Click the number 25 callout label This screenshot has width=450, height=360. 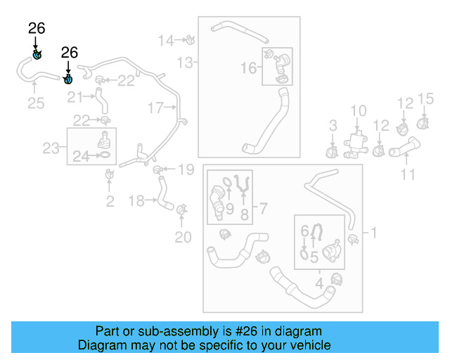pyautogui.click(x=35, y=103)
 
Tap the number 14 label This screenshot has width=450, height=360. pyautogui.click(x=166, y=40)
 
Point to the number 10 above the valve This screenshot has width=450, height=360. pyautogui.click(x=358, y=110)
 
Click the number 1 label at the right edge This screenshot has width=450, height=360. pyautogui.click(x=373, y=232)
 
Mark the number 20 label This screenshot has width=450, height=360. pyautogui.click(x=182, y=237)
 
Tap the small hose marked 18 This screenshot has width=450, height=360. pyautogui.click(x=164, y=194)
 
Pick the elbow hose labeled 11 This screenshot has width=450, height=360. pyautogui.click(x=404, y=148)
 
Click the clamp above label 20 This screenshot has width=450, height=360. pyautogui.click(x=182, y=209)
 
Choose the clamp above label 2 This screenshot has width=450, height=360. pyautogui.click(x=109, y=174)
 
